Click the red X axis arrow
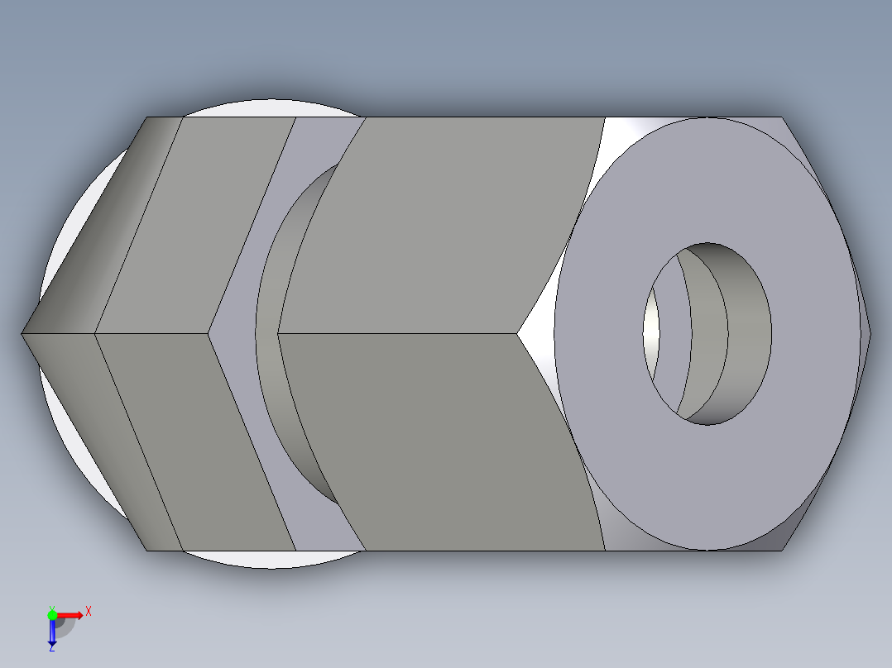70,614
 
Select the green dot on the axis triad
52,614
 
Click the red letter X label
88,612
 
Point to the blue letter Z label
50,648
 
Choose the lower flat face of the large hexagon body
439,442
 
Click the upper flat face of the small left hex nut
199,223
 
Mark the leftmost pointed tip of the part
23,334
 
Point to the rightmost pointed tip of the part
869,334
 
